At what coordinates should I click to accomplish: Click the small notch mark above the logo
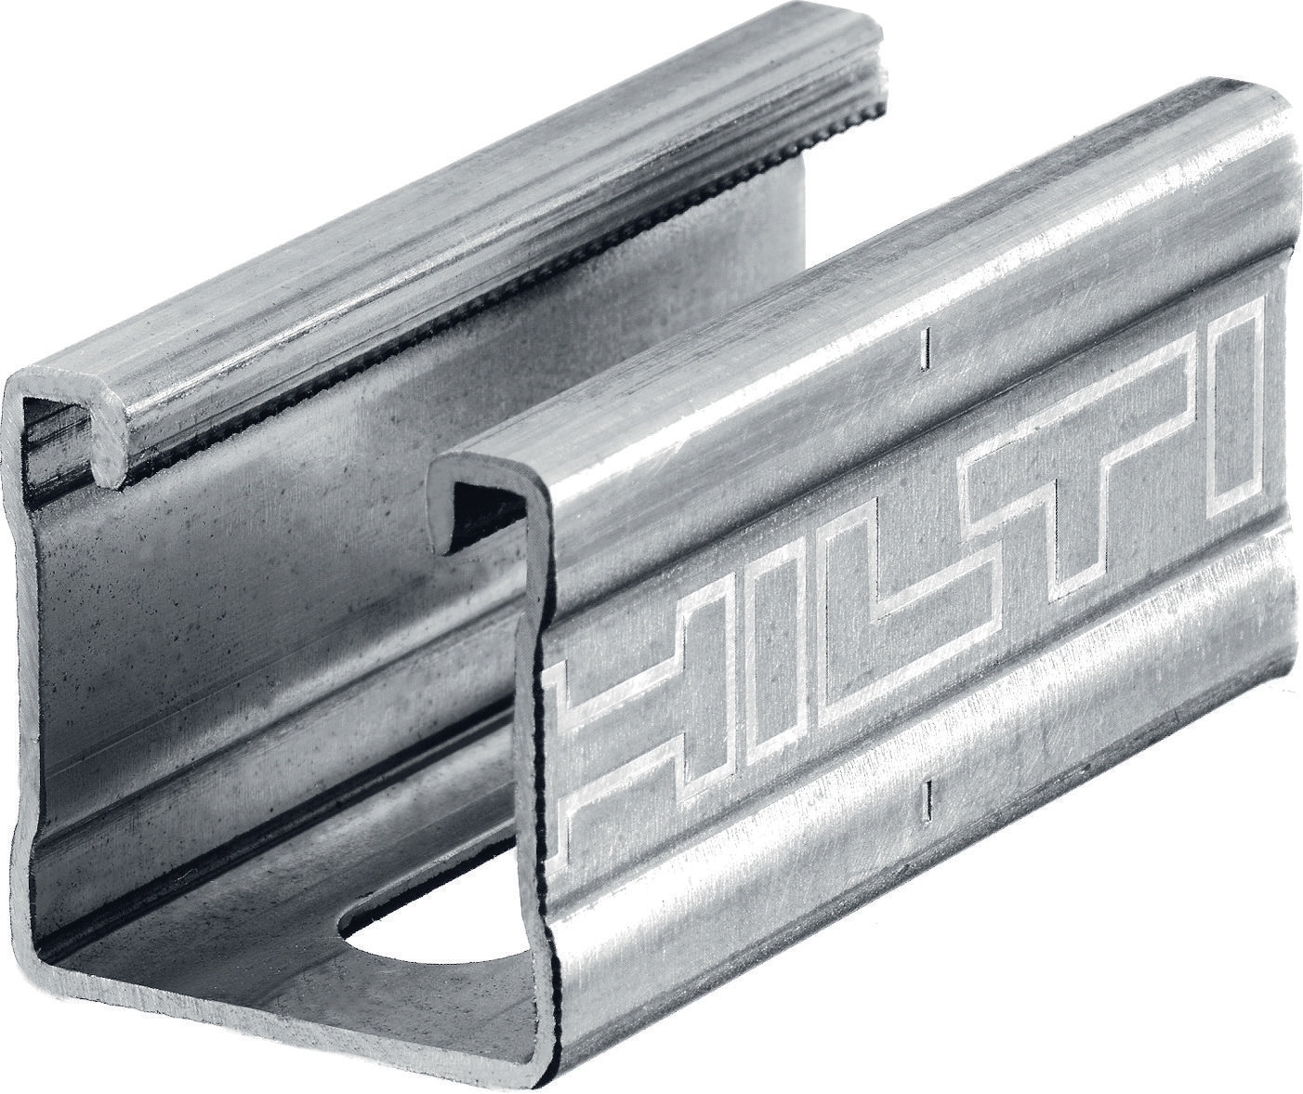923,348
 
